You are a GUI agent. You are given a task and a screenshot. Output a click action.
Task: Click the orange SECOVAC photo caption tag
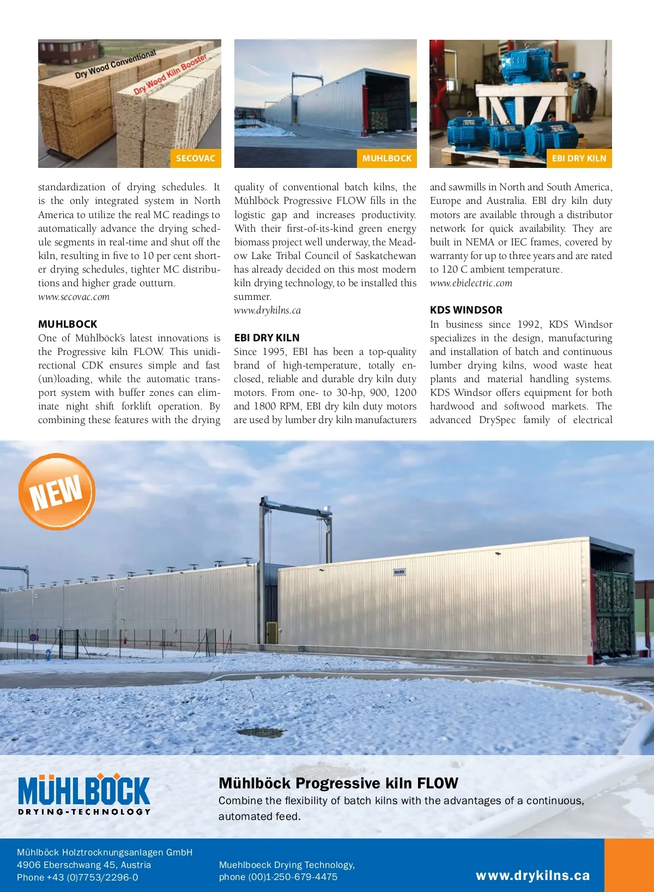click(x=196, y=158)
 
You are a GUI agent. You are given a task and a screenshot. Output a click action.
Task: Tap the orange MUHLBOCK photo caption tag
click(x=387, y=158)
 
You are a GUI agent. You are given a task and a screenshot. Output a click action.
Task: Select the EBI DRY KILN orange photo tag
click(x=579, y=158)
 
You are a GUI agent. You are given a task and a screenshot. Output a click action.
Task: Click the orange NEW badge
click(x=57, y=492)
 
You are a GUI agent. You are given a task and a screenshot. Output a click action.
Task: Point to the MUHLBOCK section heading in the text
click(x=68, y=324)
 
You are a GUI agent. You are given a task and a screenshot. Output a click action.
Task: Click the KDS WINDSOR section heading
click(x=466, y=310)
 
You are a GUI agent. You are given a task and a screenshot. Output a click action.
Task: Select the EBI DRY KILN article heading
click(x=267, y=337)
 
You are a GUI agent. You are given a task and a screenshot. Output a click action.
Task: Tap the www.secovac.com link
click(x=74, y=297)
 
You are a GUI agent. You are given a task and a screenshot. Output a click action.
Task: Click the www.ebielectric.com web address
click(x=471, y=283)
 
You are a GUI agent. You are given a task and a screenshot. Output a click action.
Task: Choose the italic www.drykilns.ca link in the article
click(x=267, y=310)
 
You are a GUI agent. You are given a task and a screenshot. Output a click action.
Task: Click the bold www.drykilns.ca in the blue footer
click(x=532, y=876)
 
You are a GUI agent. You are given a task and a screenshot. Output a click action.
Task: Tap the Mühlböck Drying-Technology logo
click(x=84, y=794)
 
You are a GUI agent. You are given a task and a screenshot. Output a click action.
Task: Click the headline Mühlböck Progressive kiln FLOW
click(x=338, y=783)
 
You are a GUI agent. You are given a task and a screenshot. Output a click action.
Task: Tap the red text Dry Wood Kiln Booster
click(x=170, y=74)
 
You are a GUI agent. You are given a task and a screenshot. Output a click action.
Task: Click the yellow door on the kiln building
click(x=271, y=632)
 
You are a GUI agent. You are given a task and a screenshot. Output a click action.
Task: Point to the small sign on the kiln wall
click(x=399, y=572)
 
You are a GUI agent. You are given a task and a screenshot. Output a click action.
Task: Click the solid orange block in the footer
click(x=629, y=865)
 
